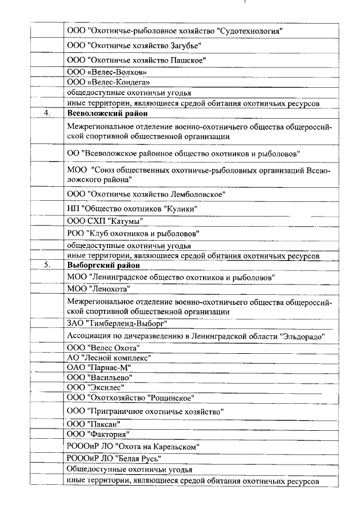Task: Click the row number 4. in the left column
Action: click(47, 112)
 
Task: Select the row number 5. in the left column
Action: click(47, 265)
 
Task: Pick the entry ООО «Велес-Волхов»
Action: click(107, 72)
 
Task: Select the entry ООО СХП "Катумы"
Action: click(104, 220)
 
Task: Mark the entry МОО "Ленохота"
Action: click(98, 289)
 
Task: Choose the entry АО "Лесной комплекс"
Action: click(109, 357)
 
